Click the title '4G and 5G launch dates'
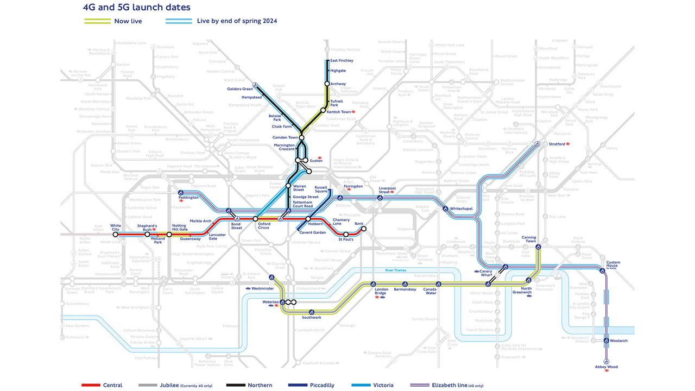136,8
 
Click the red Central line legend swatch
90,385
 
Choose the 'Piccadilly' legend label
321,385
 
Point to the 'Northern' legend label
260,385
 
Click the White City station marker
115,235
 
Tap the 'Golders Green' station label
240,89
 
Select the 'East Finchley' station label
342,61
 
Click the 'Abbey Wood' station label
606,367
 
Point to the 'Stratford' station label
557,144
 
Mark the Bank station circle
364,229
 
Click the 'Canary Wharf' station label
485,273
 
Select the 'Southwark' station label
312,318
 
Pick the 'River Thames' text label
396,270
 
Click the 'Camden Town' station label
286,138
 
